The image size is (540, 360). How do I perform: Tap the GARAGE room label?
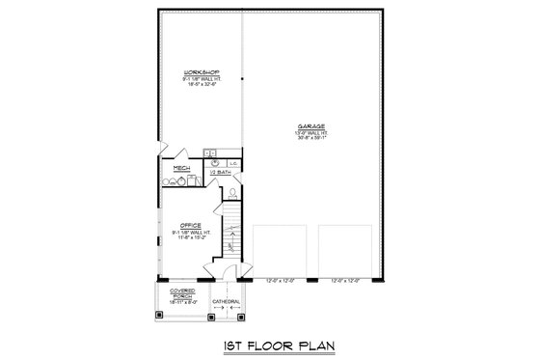(310, 125)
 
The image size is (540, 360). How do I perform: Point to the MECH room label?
(179, 168)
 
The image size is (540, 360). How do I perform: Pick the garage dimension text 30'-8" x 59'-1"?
(310, 137)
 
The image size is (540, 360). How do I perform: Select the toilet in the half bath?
(232, 192)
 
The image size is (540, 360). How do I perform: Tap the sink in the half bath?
(211, 153)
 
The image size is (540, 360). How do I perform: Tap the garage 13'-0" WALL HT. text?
(310, 131)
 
